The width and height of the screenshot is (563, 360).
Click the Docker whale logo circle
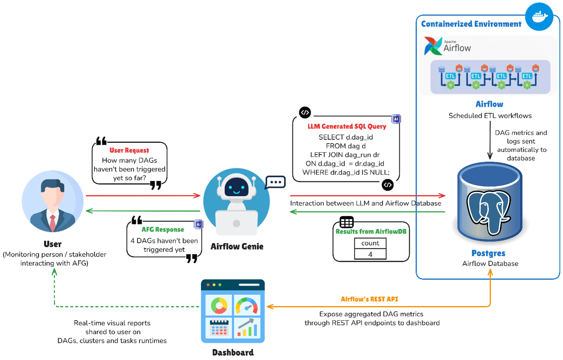[539, 17]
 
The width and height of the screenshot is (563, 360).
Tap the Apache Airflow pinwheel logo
[433, 46]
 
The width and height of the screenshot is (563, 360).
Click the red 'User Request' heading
[129, 150]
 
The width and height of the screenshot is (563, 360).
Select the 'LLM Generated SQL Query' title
[347, 126]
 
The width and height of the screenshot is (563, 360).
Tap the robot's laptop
[237, 223]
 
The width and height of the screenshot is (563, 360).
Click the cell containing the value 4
[370, 254]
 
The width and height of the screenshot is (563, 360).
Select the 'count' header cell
[370, 243]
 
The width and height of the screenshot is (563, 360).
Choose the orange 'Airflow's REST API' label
[369, 299]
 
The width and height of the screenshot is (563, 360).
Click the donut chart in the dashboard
[219, 305]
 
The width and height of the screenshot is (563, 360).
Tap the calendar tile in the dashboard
[219, 327]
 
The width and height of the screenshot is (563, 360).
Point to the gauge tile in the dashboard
[247, 305]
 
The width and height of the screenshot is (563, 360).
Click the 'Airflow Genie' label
[237, 246]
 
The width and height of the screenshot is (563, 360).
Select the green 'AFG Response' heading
[163, 229]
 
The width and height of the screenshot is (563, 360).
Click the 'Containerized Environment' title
[471, 24]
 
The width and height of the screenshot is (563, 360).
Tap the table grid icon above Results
[346, 222]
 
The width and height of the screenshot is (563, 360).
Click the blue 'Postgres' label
[488, 253]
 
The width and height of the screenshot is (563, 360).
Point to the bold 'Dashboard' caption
[233, 353]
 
